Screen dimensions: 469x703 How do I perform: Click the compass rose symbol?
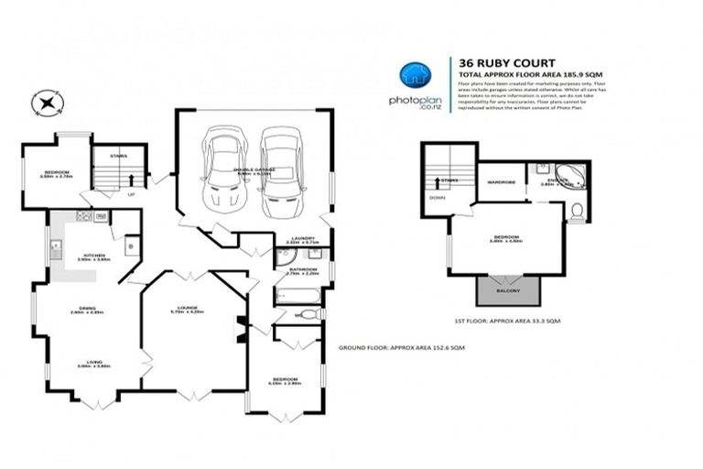tap(43, 104)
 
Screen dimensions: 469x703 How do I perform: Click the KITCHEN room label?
tap(94, 255)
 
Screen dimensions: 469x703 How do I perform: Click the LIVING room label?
tap(93, 362)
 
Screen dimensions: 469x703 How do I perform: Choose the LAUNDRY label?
tap(303, 238)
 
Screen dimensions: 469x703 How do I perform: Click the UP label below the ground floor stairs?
tap(131, 194)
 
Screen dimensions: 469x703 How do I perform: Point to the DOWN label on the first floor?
tap(438, 196)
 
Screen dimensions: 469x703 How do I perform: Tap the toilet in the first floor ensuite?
tap(577, 213)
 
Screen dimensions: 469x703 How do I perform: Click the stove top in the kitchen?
tap(84, 216)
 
